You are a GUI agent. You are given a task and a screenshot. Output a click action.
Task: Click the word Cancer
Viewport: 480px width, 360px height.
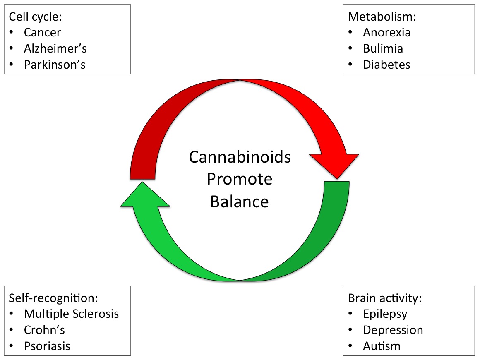pos(43,32)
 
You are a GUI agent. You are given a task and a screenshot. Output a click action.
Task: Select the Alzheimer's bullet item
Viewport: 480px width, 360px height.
pos(55,48)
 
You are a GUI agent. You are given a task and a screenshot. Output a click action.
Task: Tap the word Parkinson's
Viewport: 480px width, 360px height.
pos(55,65)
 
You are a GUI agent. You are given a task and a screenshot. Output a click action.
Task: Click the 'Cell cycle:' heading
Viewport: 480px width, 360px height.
pos(33,16)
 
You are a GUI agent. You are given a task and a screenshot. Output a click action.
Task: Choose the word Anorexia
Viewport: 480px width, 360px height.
pos(387,32)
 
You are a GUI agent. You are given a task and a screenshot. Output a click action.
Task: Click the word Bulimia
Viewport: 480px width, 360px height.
pos(383,48)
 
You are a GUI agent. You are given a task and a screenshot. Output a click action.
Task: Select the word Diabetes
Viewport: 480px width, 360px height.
pos(386,65)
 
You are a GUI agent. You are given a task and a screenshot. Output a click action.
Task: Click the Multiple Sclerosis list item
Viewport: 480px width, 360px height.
pos(71,314)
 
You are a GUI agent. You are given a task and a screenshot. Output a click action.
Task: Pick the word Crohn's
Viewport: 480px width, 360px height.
pos(44,330)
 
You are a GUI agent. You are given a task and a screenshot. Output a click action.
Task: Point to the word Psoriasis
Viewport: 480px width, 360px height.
pos(47,346)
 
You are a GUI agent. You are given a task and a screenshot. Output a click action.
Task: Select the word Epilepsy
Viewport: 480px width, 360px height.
pos(385,314)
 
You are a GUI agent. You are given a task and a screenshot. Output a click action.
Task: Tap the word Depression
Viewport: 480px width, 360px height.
pos(393,330)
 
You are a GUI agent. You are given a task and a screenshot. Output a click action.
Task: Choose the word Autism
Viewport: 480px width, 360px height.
pos(382,346)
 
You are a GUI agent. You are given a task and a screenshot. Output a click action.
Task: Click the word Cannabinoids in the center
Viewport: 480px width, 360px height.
pos(240,157)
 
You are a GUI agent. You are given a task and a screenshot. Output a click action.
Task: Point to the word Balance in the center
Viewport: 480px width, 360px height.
pos(240,202)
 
